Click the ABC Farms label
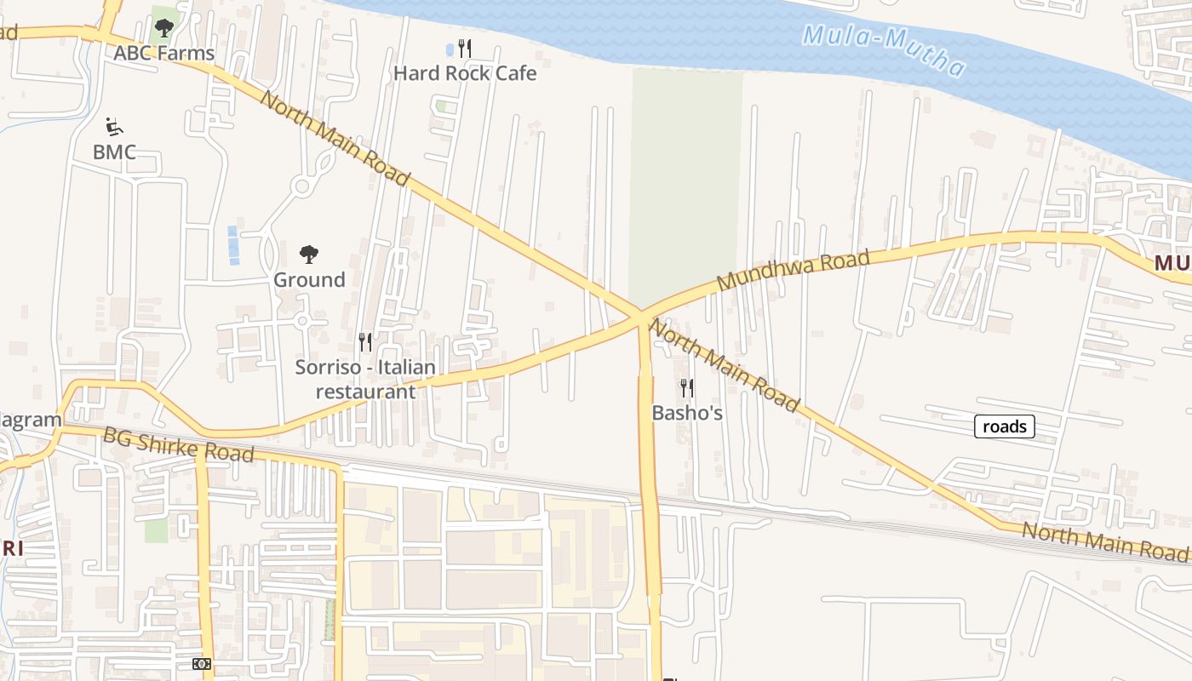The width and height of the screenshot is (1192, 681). click(164, 53)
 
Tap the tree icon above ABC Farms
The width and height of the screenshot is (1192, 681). click(164, 28)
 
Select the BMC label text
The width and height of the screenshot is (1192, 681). click(114, 152)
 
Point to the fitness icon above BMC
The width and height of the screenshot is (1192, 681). click(113, 127)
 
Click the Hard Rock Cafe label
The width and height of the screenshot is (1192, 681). click(465, 73)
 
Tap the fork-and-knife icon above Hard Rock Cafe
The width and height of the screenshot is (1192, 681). click(465, 48)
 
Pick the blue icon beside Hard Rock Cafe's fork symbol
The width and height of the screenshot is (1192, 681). click(450, 49)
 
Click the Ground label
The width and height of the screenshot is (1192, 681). click(309, 279)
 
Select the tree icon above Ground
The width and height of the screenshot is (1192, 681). click(309, 254)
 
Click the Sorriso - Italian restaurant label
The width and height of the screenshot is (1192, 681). click(365, 380)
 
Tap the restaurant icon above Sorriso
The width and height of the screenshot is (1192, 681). click(365, 342)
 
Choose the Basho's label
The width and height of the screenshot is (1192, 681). click(687, 413)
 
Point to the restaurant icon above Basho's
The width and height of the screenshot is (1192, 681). click(686, 388)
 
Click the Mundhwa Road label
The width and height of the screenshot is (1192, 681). click(793, 271)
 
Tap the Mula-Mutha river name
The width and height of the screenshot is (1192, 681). click(885, 50)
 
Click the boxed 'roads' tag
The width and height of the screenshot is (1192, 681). click(1005, 426)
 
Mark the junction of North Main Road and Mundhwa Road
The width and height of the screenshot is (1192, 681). click(639, 316)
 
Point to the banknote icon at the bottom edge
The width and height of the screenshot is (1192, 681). click(202, 663)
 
